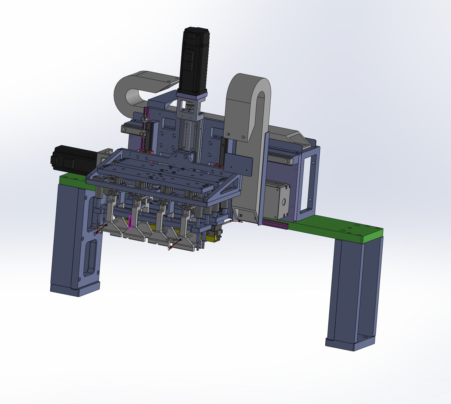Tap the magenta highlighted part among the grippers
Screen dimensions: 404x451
(x=130, y=222)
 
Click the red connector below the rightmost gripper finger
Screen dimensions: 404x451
(x=173, y=244)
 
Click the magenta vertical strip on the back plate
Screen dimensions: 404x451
(x=146, y=128)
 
